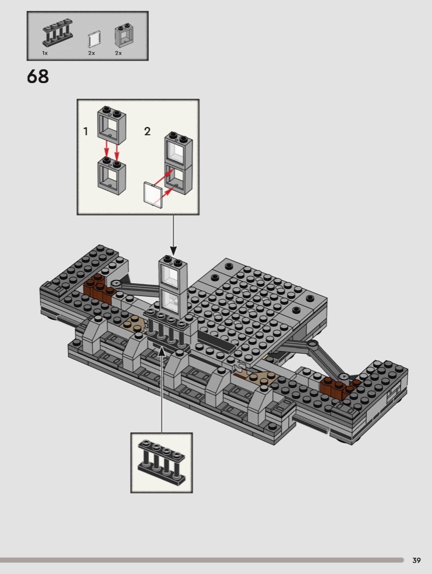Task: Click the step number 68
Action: pyautogui.click(x=38, y=77)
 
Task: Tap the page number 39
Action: pyautogui.click(x=417, y=560)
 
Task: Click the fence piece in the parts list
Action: pyautogui.click(x=57, y=34)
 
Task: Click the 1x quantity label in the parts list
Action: pyautogui.click(x=45, y=53)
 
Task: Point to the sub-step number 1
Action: pyautogui.click(x=86, y=131)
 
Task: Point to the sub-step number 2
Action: pyautogui.click(x=147, y=131)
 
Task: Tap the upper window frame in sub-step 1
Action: pyautogui.click(x=112, y=125)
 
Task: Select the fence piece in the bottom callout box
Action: pyautogui.click(x=162, y=462)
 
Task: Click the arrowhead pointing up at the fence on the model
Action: pyautogui.click(x=161, y=350)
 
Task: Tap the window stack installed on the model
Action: pyautogui.click(x=173, y=287)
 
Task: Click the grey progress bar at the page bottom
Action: pyautogui.click(x=202, y=560)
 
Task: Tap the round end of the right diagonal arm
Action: pyautogui.click(x=313, y=344)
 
